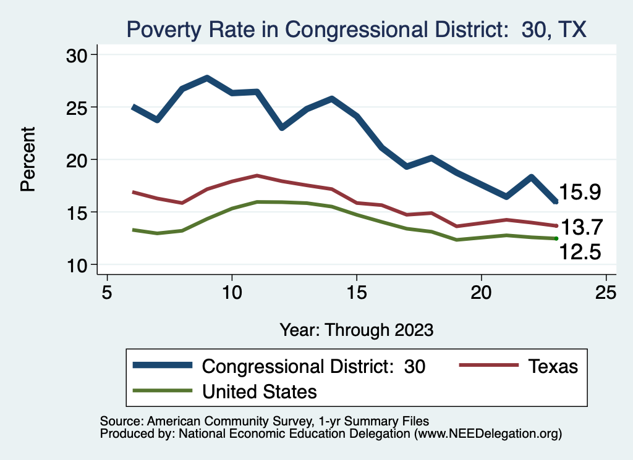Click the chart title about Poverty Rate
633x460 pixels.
356,29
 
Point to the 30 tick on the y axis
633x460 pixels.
77,55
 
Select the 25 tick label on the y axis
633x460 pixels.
77,107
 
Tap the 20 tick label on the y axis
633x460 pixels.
77,160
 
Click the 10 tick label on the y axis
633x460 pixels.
77,265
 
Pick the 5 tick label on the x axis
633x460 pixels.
108,291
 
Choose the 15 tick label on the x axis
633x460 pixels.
357,291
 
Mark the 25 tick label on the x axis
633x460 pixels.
606,291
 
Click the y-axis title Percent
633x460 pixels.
28,159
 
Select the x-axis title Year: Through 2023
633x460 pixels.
356,329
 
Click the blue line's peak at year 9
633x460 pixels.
207,78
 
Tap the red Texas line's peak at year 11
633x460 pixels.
257,175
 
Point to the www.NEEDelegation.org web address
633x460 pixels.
487,433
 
